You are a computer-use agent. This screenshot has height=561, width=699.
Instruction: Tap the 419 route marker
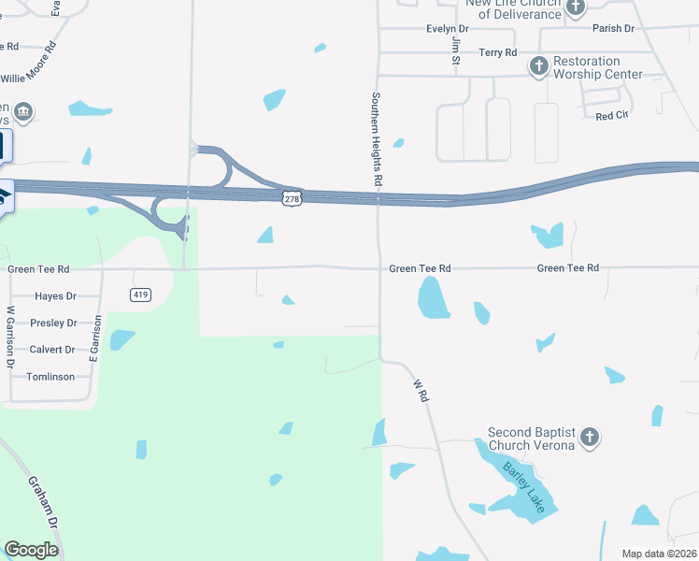pyautogui.click(x=140, y=295)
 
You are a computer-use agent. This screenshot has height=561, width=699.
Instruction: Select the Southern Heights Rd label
pyautogui.click(x=378, y=138)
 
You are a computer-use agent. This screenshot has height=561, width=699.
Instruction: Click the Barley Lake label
pyautogui.click(x=522, y=481)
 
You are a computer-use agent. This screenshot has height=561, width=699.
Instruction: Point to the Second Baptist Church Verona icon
pyautogui.click(x=589, y=437)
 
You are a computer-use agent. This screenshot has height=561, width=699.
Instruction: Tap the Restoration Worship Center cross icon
pyautogui.click(x=538, y=66)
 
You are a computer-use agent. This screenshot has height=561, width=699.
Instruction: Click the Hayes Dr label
pyautogui.click(x=54, y=296)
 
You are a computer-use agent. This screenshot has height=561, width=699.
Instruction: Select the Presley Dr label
pyautogui.click(x=53, y=323)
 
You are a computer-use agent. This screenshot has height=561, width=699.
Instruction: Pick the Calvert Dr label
pyautogui.click(x=52, y=350)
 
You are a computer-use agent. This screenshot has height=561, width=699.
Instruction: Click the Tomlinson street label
pyautogui.click(x=50, y=377)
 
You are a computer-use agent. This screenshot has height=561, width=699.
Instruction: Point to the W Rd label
pyautogui.click(x=422, y=391)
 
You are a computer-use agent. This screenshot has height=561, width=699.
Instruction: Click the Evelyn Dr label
pyautogui.click(x=447, y=29)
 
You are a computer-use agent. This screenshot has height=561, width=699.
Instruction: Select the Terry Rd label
pyautogui.click(x=497, y=53)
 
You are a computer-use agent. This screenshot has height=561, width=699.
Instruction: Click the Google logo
pyautogui.click(x=31, y=549)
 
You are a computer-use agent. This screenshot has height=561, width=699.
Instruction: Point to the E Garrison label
pyautogui.click(x=94, y=338)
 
